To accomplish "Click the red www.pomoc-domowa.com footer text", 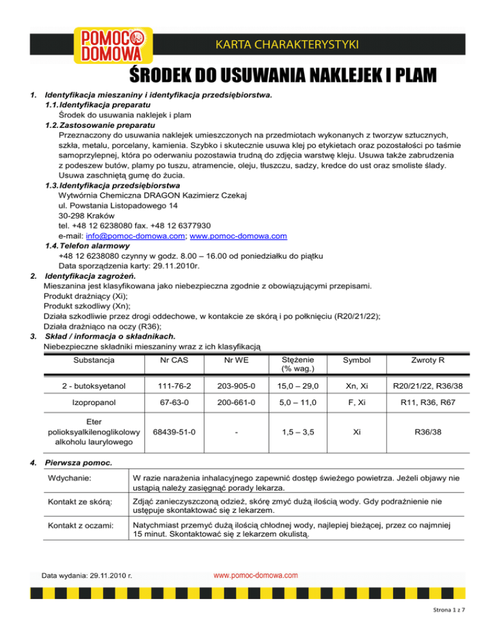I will [x=255, y=574].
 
